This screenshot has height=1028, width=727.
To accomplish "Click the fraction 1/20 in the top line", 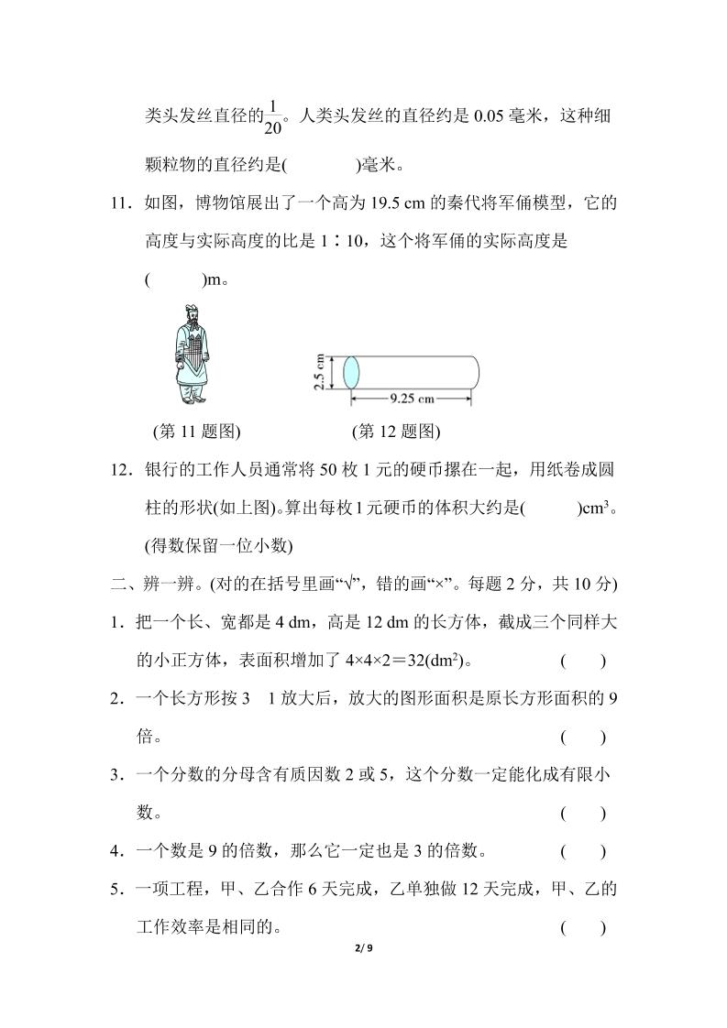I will [272, 117].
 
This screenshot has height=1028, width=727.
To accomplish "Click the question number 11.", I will [118, 203].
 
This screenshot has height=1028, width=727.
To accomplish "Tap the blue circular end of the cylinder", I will [351, 373].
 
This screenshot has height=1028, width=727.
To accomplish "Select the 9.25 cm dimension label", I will [412, 399].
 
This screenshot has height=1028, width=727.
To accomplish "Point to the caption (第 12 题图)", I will [396, 431].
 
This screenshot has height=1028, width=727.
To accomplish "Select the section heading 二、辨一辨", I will [148, 584].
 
